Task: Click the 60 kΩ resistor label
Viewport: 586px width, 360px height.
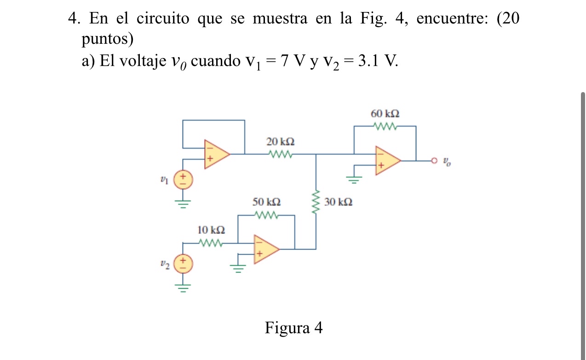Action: (x=385, y=113)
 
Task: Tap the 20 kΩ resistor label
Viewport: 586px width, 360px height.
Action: (x=281, y=142)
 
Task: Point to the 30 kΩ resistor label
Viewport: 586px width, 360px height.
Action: (x=339, y=202)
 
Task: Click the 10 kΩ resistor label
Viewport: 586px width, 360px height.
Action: (x=211, y=229)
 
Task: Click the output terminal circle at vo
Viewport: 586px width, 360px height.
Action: (x=433, y=161)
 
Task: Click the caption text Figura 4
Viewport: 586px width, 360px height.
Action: (x=293, y=328)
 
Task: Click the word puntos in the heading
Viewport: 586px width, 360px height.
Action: (x=108, y=40)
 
